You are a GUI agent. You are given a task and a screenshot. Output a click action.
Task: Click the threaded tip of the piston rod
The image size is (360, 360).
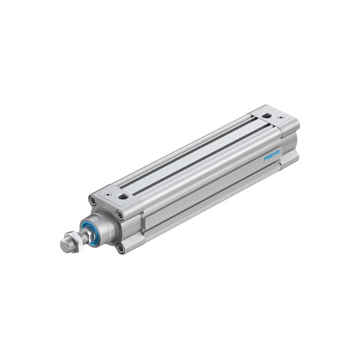(65, 245)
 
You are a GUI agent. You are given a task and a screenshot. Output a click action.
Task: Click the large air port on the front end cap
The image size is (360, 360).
(122, 197)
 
